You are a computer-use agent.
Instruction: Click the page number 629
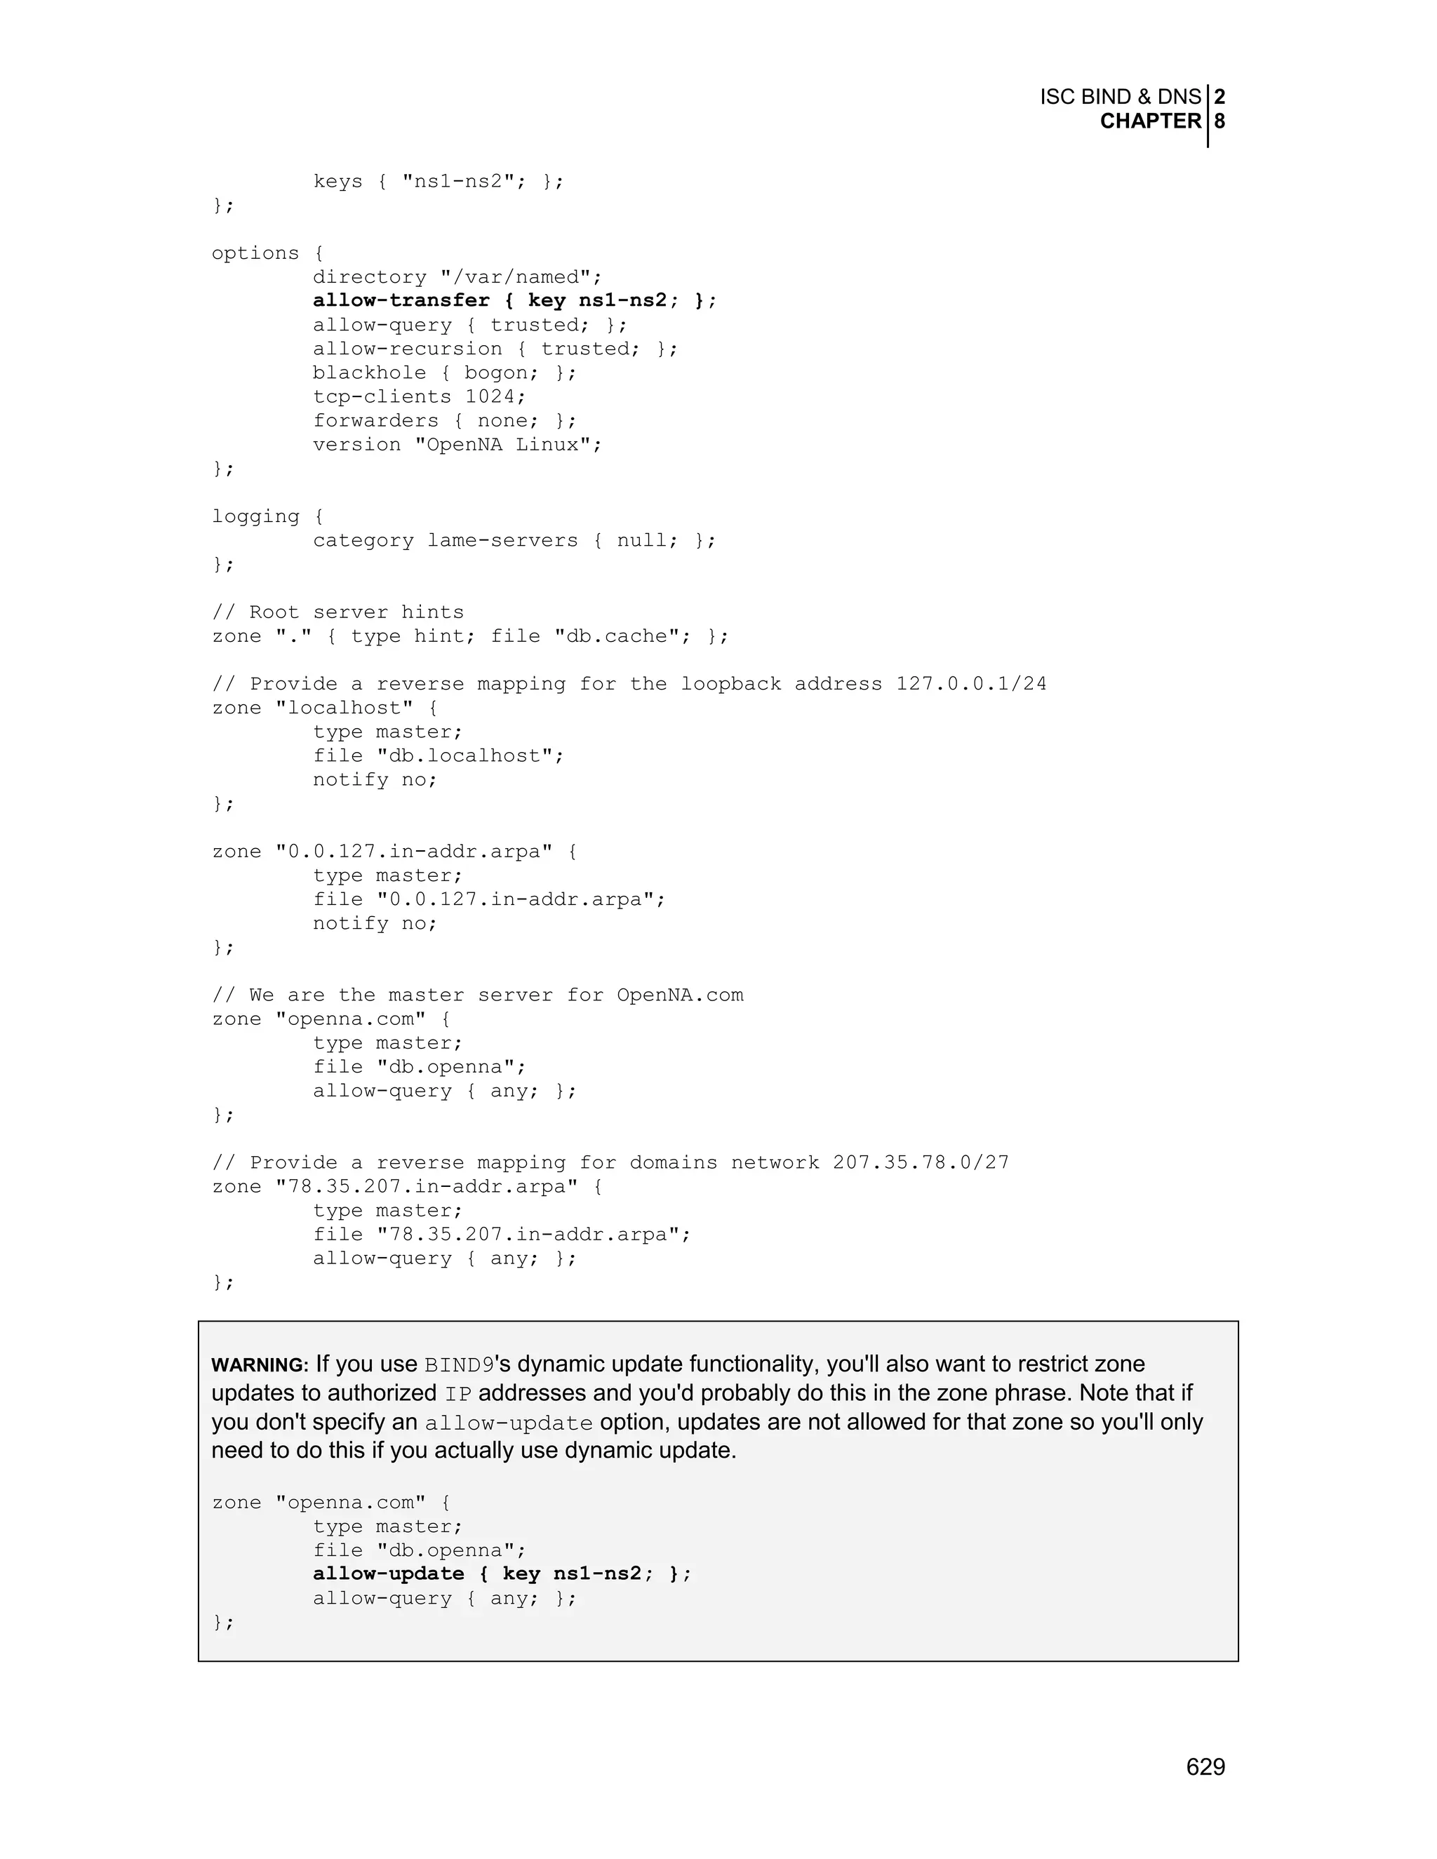pyautogui.click(x=1205, y=1766)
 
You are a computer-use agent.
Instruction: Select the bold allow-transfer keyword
pyautogui.click(x=401, y=300)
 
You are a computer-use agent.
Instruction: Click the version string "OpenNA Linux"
pyautogui.click(x=508, y=444)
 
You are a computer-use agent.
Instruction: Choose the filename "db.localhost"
pyautogui.click(x=470, y=756)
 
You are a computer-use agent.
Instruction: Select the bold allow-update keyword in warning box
pyautogui.click(x=388, y=1574)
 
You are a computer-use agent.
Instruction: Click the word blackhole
pyautogui.click(x=368, y=373)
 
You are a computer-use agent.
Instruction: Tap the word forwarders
pyautogui.click(x=375, y=420)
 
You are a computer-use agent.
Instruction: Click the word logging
pyautogui.click(x=255, y=517)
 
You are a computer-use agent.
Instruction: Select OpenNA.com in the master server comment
pyautogui.click(x=679, y=995)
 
